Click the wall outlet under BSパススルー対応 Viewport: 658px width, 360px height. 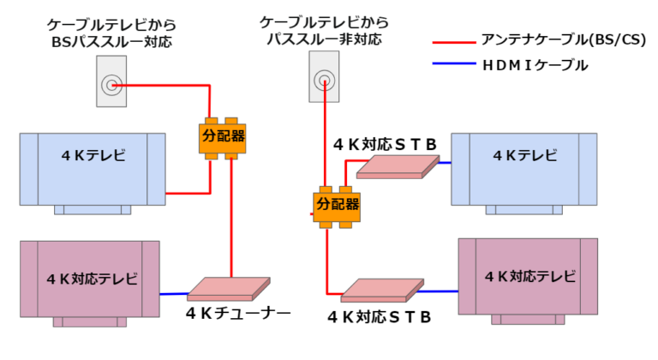pos(111,82)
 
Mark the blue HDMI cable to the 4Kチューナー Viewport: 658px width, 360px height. pos(174,293)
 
